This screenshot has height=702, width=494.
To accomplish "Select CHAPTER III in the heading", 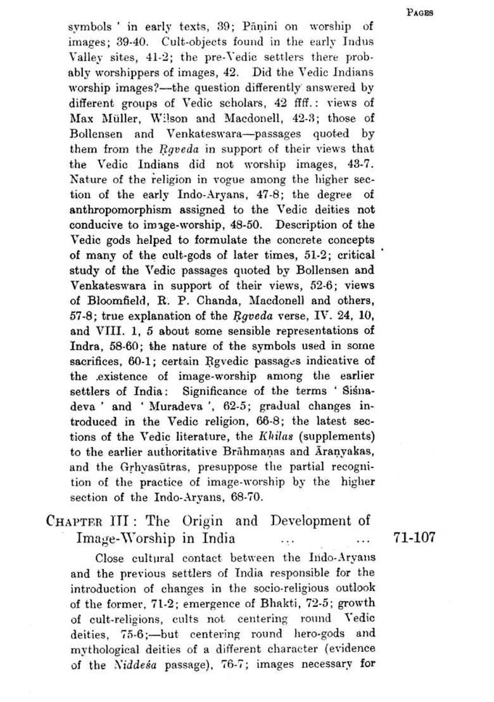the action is coord(90,522).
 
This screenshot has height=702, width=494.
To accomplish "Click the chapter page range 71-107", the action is coord(414,538).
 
